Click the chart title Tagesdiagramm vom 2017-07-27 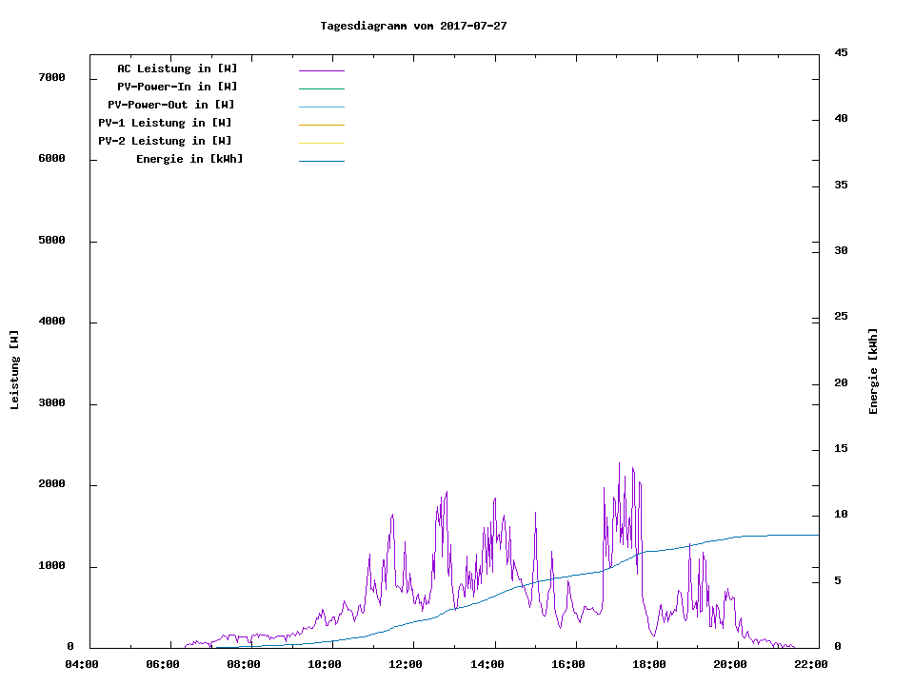point(413,27)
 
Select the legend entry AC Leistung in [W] point(177,69)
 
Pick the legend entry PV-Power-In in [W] point(177,88)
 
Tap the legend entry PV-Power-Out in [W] point(172,106)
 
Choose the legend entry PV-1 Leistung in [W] point(166,124)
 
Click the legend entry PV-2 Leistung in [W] point(166,142)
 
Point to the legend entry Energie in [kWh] point(189,160)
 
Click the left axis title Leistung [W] point(14,369)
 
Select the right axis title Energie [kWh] point(873,371)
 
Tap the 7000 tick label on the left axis point(51,78)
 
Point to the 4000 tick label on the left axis point(51,323)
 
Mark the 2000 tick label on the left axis point(51,485)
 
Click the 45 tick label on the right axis point(842,53)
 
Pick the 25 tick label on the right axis point(842,317)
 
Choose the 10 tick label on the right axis point(842,515)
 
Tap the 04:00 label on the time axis point(82,664)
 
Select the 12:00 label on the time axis point(407,664)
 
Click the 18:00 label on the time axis point(649,664)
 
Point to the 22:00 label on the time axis point(811,664)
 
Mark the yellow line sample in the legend point(321,142)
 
